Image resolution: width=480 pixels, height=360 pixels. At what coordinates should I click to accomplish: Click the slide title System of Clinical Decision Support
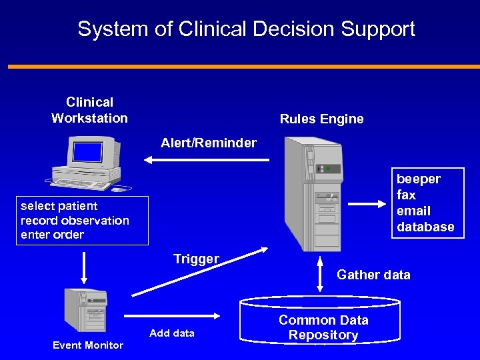click(246, 29)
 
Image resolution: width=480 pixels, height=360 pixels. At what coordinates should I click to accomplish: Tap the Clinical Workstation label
click(89, 110)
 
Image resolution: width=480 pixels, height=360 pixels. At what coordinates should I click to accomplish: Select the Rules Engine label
click(321, 119)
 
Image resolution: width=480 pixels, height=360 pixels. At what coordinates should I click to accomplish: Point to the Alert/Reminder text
click(208, 143)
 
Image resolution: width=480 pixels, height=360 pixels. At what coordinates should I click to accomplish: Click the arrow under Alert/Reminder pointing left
click(207, 160)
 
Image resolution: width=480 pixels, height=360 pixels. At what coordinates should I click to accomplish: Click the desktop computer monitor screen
click(87, 152)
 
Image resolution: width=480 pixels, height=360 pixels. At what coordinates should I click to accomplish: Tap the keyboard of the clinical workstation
click(79, 183)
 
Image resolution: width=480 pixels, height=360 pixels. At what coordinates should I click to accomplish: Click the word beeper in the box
click(419, 179)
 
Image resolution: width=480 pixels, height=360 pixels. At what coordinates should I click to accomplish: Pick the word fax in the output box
click(406, 195)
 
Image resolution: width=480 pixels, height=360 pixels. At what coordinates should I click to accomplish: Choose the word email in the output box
click(413, 211)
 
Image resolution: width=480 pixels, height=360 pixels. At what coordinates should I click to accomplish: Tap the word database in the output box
click(425, 227)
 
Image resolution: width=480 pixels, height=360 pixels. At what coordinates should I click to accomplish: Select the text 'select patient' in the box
click(59, 206)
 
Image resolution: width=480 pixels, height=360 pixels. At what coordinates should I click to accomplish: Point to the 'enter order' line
click(52, 235)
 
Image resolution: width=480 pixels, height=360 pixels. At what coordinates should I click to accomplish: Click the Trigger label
click(196, 259)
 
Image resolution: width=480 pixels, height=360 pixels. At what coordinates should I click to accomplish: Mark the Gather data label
click(373, 275)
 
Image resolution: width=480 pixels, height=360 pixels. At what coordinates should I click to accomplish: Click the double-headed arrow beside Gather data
click(320, 274)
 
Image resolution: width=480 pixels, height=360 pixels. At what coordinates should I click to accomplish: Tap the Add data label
click(172, 333)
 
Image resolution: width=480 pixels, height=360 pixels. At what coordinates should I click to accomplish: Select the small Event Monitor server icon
click(85, 311)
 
